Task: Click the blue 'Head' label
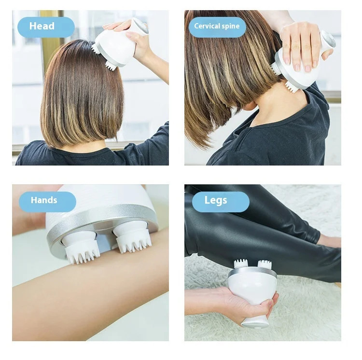coord(46,27)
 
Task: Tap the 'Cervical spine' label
coord(217,27)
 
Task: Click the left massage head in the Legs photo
coord(240,264)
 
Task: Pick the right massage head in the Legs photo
coord(264,264)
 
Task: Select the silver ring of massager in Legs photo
coord(252,273)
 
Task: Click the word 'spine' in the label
coord(230,27)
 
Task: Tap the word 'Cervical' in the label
coord(207,27)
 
